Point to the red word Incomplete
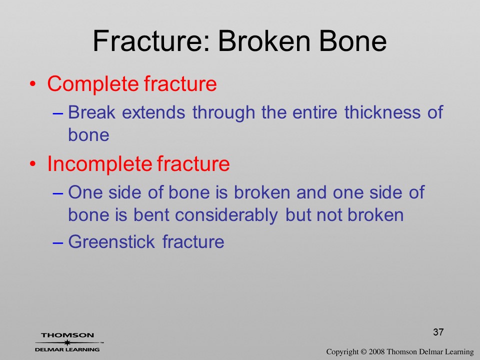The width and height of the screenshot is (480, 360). coord(99,164)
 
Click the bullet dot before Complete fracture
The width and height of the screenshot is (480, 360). coord(33,84)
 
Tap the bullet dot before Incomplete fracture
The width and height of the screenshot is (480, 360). coord(33,164)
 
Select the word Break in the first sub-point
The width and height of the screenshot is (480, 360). coord(91,112)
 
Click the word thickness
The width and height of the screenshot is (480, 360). coord(382,112)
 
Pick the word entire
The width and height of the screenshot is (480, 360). coord(314,112)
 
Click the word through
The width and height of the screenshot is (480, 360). coord(224,112)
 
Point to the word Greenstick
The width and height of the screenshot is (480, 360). coord(111,241)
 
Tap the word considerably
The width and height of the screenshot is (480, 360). coord(226,215)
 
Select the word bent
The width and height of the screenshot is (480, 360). coord(151,214)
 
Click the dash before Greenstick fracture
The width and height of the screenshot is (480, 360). coord(58,242)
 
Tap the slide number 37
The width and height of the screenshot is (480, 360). coord(438,332)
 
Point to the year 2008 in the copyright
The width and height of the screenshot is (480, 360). coord(376,351)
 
